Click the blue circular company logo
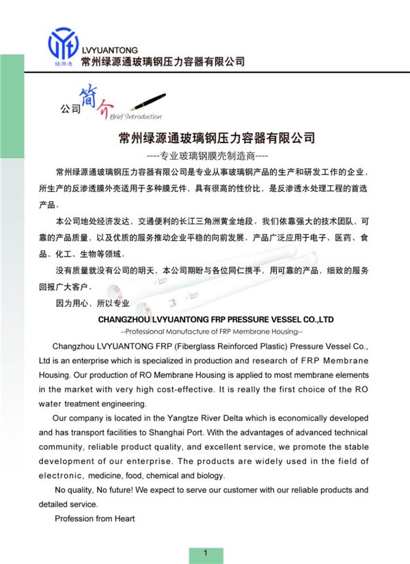63,43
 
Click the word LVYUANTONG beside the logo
109,50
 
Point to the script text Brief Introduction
135,116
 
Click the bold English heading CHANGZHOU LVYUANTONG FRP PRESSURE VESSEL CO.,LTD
216,319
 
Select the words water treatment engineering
92,404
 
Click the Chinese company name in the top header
163,62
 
